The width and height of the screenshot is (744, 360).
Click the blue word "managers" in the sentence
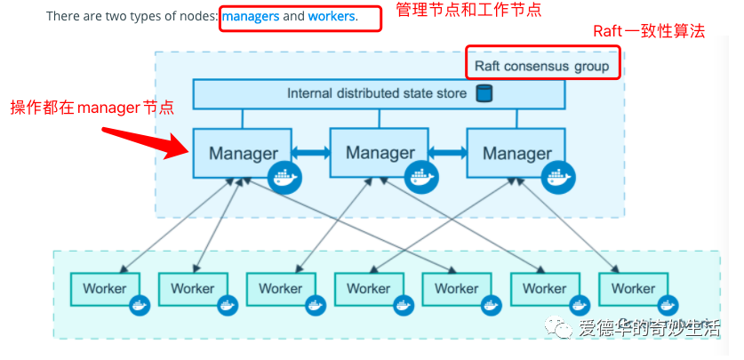250,16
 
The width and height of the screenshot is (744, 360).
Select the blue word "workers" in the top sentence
332,16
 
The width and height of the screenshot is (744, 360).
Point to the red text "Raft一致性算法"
649,31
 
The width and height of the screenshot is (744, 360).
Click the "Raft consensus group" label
541,66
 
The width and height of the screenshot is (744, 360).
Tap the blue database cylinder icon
484,93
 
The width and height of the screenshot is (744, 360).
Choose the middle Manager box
380,152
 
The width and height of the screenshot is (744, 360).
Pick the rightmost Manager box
516,153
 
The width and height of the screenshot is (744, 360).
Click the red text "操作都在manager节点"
92,108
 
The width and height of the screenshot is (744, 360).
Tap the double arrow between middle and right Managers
449,154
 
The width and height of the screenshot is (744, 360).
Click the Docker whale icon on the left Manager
285,179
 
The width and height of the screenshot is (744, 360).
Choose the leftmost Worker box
105,288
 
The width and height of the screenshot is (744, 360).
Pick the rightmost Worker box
633,288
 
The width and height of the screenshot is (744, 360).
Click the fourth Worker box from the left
369,288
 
